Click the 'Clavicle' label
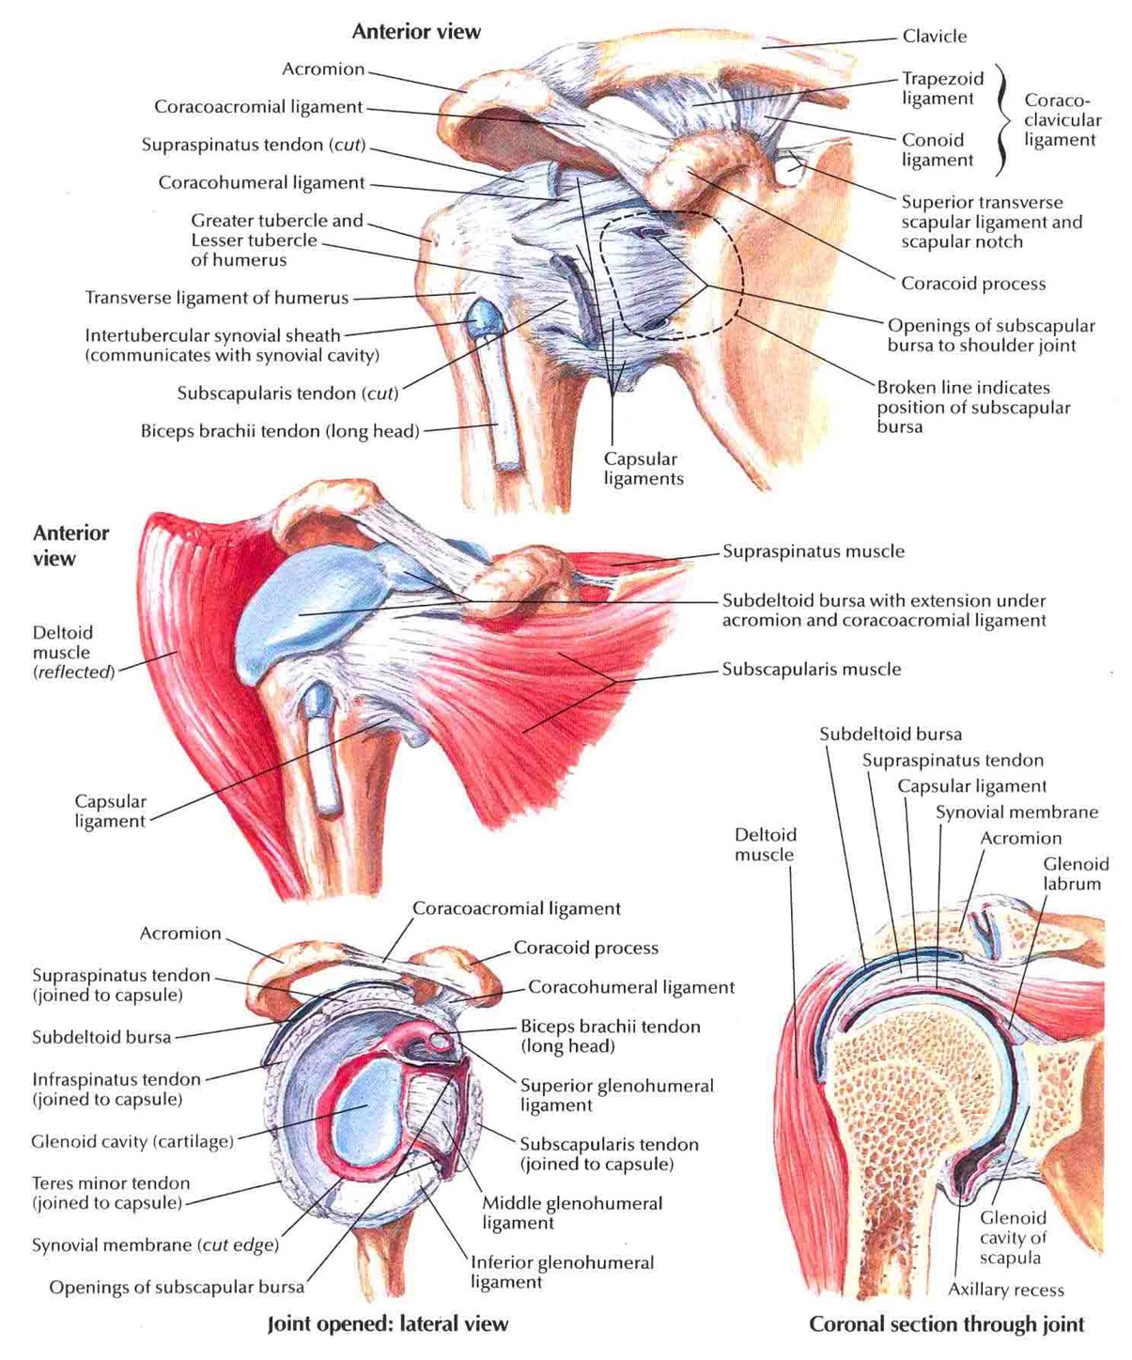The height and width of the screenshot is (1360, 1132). pyautogui.click(x=934, y=36)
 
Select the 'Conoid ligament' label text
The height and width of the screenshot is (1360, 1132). pyautogui.click(x=938, y=150)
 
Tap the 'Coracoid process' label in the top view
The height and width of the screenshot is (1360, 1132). pyautogui.click(x=973, y=284)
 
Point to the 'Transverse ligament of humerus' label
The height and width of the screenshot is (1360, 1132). pyautogui.click(x=217, y=298)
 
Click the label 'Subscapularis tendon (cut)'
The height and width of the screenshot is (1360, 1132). pyautogui.click(x=287, y=394)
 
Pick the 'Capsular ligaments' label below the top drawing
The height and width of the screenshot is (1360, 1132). pyautogui.click(x=644, y=469)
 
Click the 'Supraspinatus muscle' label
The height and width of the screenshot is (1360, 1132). pyautogui.click(x=814, y=551)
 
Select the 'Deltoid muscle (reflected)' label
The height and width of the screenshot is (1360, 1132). pyautogui.click(x=73, y=652)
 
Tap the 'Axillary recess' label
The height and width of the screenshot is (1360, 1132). pyautogui.click(x=1005, y=1289)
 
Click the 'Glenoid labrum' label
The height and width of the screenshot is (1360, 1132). pyautogui.click(x=1076, y=873)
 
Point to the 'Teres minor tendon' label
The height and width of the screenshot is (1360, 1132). pyautogui.click(x=111, y=1182)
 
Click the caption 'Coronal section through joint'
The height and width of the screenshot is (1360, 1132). pyautogui.click(x=946, y=1324)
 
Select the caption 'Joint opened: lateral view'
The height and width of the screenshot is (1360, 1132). pyautogui.click(x=388, y=1324)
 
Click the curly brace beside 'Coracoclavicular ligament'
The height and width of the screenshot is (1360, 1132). pyautogui.click(x=1002, y=120)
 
